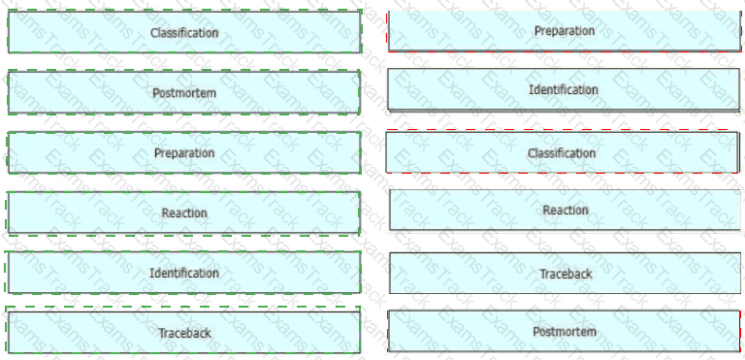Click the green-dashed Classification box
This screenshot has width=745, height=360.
click(184, 31)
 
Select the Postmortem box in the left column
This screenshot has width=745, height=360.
click(183, 92)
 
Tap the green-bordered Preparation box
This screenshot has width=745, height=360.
click(183, 152)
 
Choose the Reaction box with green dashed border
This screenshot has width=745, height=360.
click(183, 213)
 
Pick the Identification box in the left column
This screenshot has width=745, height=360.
click(183, 273)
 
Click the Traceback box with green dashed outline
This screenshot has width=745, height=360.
click(183, 332)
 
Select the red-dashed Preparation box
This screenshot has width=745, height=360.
click(565, 30)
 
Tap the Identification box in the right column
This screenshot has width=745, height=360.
click(564, 89)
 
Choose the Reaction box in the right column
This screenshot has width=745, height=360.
click(565, 210)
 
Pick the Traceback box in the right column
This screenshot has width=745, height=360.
click(565, 273)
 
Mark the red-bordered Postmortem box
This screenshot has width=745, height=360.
click(565, 331)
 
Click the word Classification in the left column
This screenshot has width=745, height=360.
click(184, 33)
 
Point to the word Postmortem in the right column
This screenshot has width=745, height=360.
click(565, 332)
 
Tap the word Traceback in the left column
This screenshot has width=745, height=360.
click(184, 333)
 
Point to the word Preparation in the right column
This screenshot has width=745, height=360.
click(565, 30)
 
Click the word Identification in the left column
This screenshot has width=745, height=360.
click(184, 273)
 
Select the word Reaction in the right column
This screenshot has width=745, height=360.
click(566, 210)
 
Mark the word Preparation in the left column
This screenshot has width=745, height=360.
click(184, 152)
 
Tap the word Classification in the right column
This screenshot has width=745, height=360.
click(562, 153)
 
